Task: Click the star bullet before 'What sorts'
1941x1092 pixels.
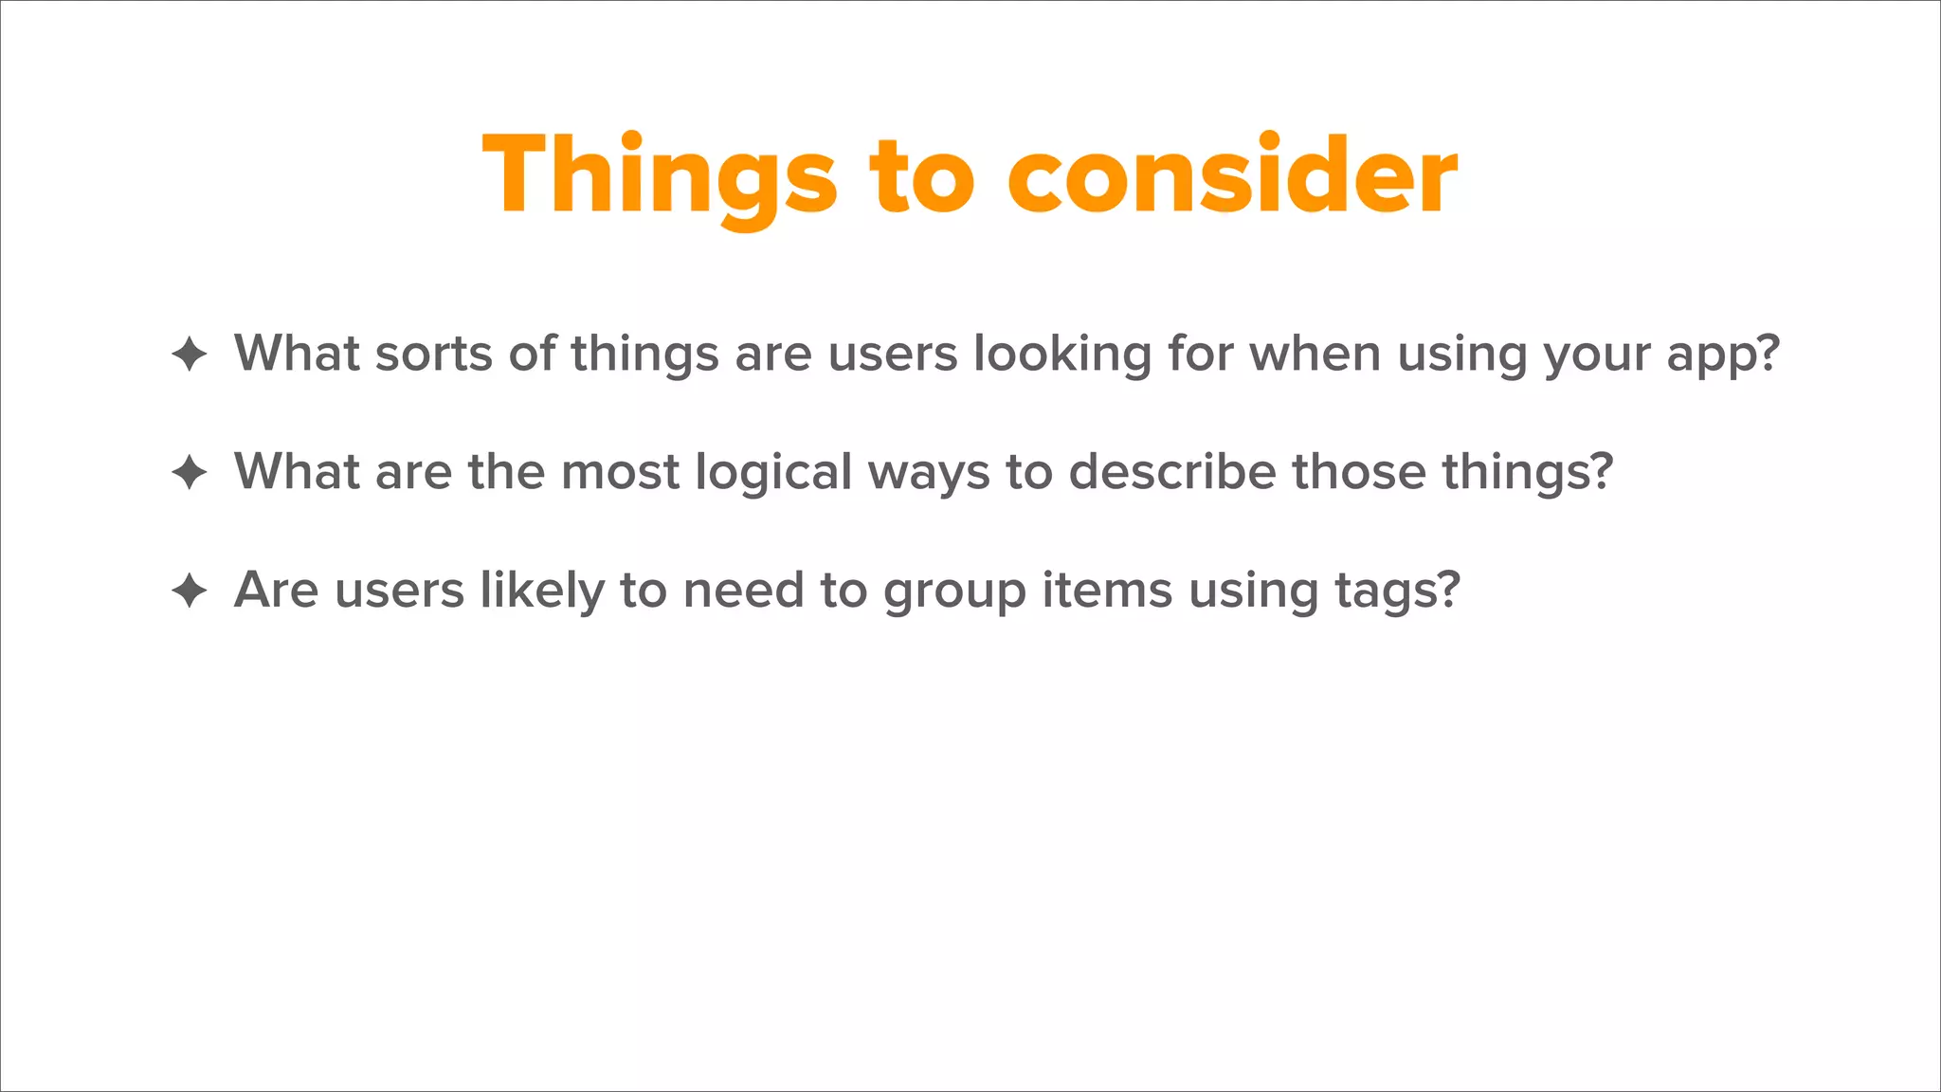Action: tap(190, 355)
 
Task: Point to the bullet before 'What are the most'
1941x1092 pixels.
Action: tap(190, 472)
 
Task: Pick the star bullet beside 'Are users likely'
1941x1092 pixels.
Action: tap(190, 591)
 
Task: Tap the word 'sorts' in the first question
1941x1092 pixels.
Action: tap(433, 355)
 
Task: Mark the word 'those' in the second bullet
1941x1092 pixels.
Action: tap(1359, 472)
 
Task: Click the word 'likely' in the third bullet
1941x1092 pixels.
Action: tap(542, 591)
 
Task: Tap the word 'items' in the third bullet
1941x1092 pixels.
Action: tap(1107, 591)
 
